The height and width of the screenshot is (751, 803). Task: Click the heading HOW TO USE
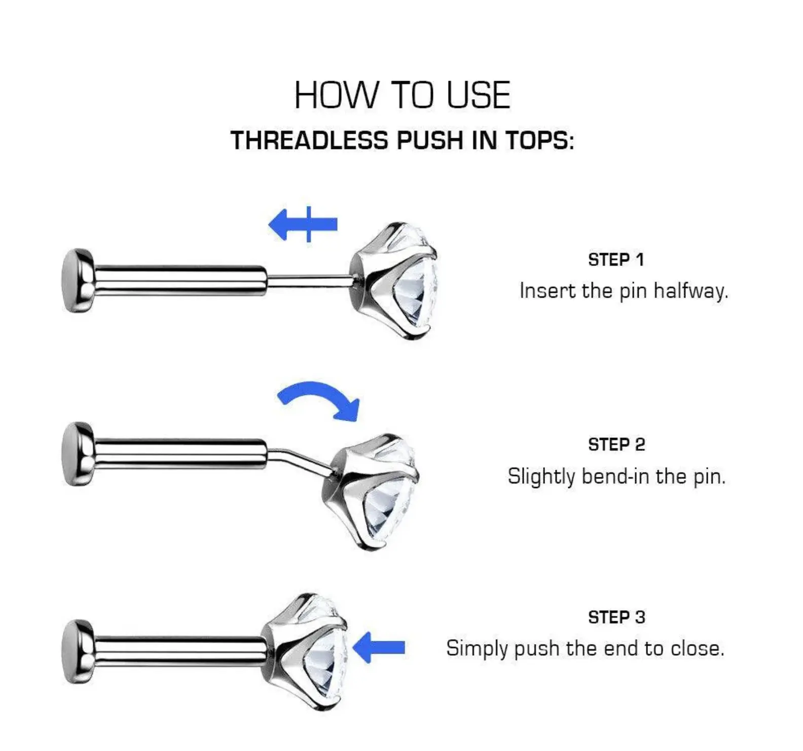coord(402,95)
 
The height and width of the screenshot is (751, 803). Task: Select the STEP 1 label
coord(616,259)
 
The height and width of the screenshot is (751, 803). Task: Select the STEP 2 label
coord(616,444)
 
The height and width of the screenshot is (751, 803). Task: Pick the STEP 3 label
coord(616,617)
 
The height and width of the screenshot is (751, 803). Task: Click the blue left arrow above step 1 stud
coord(303,224)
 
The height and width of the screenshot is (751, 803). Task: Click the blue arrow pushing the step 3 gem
coord(379,647)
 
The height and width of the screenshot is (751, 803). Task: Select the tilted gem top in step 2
coord(371,492)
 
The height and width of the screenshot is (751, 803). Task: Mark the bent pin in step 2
coord(299,460)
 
